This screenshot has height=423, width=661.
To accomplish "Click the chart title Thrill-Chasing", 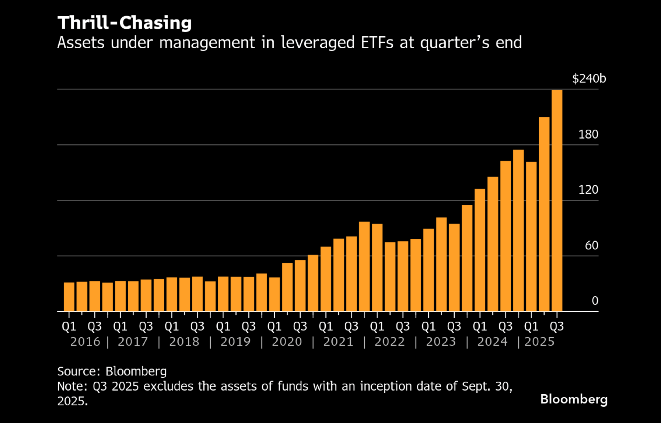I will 125,23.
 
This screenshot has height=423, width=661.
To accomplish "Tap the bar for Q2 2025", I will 544,214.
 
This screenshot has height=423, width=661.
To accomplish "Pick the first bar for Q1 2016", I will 69,297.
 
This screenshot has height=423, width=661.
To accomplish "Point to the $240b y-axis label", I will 589,78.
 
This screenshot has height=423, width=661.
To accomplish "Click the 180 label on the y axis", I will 588,134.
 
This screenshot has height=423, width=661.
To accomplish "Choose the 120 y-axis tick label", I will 588,190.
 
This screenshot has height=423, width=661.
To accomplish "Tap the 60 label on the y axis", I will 591,245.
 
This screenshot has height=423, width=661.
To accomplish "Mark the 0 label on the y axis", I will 595,301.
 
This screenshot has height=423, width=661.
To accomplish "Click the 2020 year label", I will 287,342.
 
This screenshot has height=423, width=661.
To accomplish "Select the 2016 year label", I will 85,342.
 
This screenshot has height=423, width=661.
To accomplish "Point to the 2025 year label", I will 539,342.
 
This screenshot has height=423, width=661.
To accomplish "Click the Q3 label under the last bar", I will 557,326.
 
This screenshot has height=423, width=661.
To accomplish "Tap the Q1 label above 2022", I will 377,326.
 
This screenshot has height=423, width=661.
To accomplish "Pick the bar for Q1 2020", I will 274,294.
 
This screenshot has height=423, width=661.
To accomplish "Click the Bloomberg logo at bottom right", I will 574,399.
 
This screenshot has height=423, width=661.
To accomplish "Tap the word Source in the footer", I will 78,371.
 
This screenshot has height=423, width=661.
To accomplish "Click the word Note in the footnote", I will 71,387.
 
